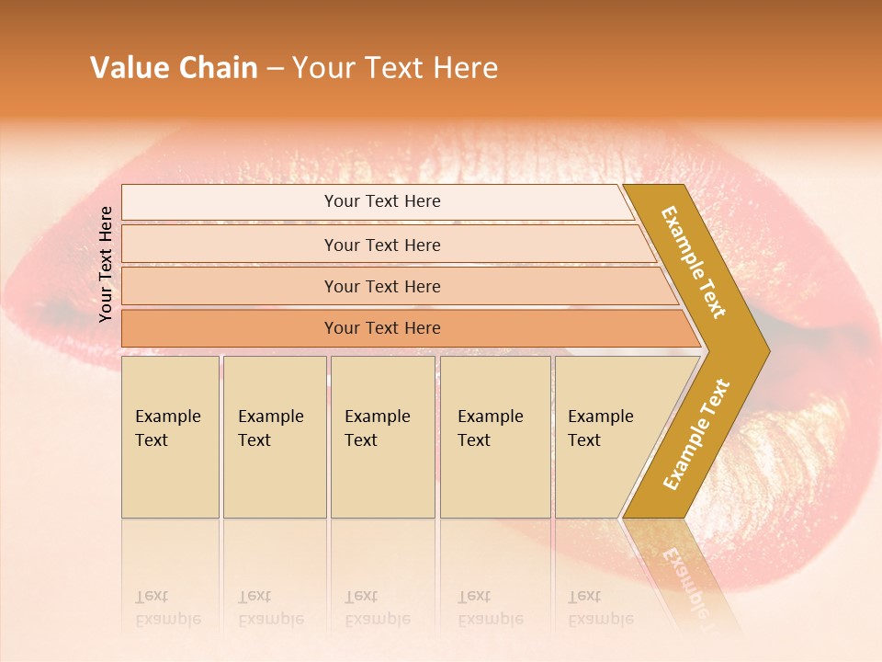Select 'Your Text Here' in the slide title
pos(395,68)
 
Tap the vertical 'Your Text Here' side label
pos(106,265)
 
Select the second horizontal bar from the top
pos(381,245)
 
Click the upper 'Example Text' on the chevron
pos(694,262)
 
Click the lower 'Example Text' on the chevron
pos(696,434)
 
